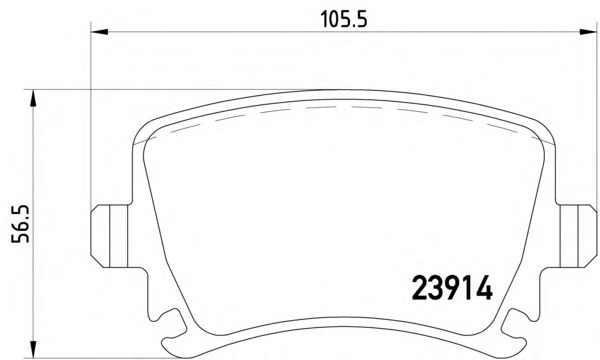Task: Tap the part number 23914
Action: (452, 288)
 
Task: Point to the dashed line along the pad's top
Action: (340, 109)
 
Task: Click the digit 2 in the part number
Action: (421, 288)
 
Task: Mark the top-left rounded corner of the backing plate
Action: (145, 128)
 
